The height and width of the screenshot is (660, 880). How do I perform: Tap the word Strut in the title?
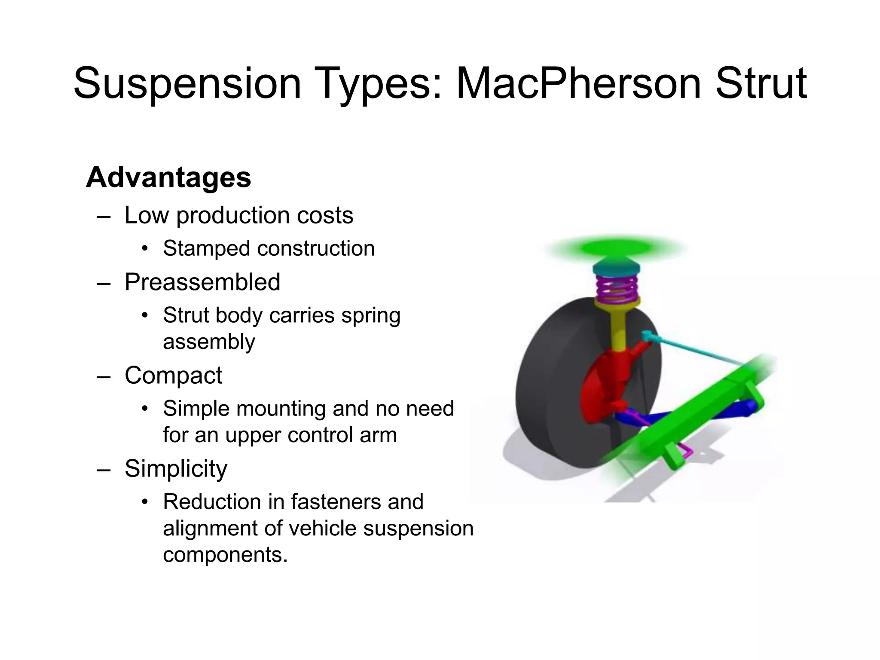pos(761,83)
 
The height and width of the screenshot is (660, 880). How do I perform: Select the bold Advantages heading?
pos(168,177)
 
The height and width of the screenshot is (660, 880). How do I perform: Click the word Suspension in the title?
pos(187,83)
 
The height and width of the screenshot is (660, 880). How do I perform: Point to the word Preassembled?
pos(202,282)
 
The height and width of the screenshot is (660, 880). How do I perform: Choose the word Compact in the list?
pos(173,375)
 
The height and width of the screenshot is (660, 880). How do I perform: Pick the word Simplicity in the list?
pos(176,468)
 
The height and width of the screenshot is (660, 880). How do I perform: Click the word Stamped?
pos(206,248)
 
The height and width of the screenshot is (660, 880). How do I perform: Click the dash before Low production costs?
pos(104,216)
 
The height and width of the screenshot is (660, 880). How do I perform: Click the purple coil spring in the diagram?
pos(617,288)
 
